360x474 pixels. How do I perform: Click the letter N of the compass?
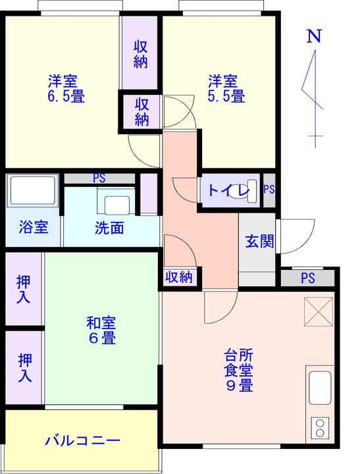coord(315,37)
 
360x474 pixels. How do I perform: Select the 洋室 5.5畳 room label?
coord(227,89)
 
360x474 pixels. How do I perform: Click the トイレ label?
coord(224,191)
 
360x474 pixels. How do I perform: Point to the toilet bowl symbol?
coord(249,190)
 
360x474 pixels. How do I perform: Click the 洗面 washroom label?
coord(109,228)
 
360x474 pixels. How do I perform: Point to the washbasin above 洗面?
coord(117,201)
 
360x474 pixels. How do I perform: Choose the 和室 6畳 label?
coord(101,330)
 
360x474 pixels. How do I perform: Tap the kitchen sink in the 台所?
coord(321,389)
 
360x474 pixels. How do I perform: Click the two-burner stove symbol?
coord(321,427)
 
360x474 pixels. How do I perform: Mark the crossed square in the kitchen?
coord(319,313)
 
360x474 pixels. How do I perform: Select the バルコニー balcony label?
coord(82,440)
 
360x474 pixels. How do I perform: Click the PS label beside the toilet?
coord(269,190)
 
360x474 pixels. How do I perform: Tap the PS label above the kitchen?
coord(307,278)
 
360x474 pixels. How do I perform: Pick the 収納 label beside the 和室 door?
coord(178,277)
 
